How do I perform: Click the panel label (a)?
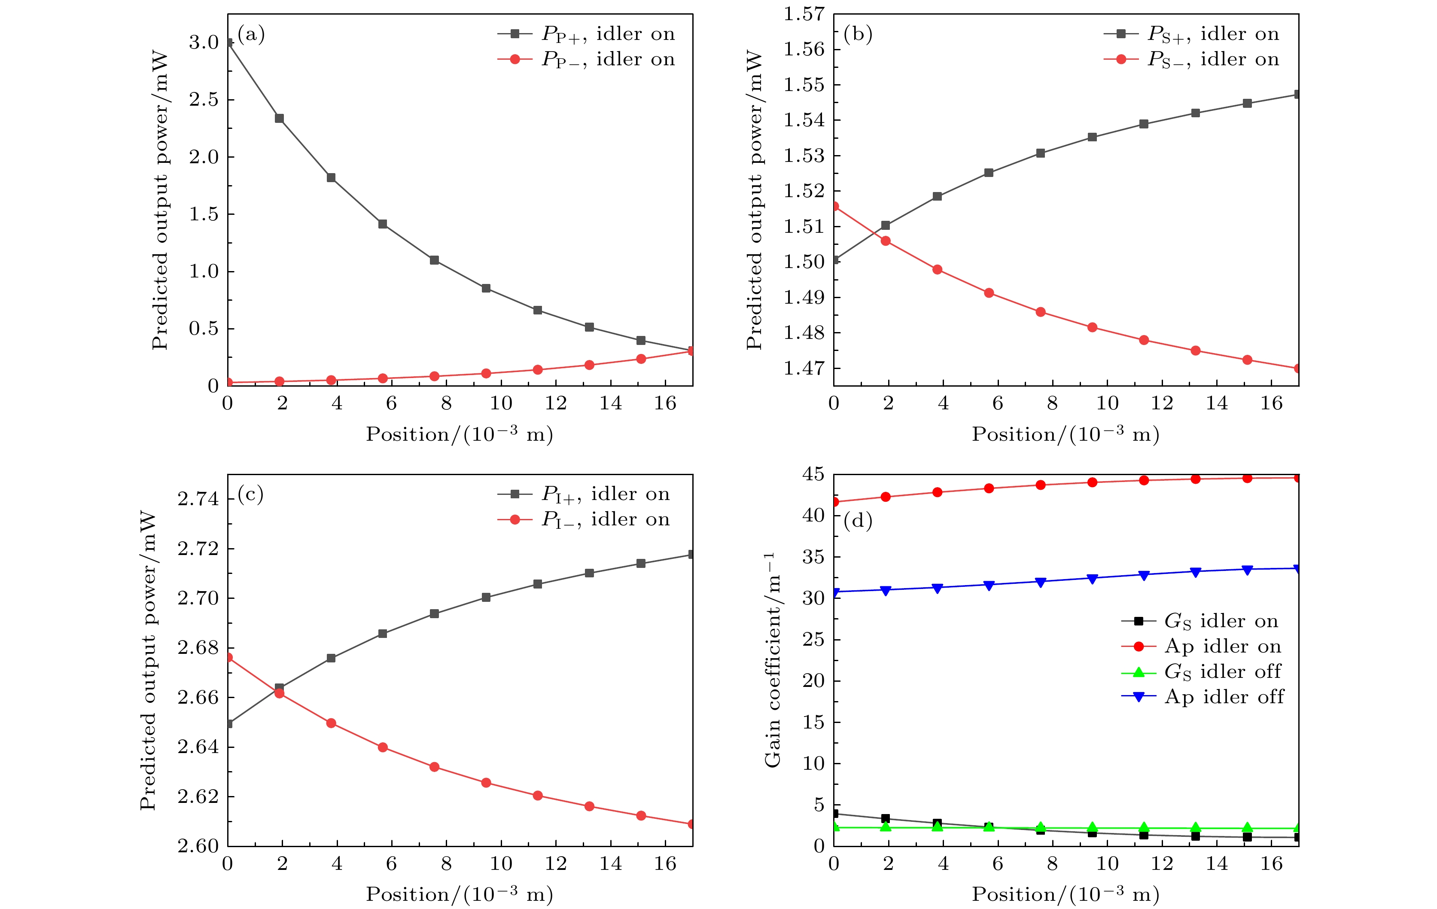(251, 35)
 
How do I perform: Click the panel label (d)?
(858, 521)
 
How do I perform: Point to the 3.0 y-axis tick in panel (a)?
(204, 43)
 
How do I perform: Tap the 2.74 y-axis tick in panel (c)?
(198, 499)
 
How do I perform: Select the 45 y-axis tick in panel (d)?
(813, 475)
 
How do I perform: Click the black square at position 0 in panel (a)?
(228, 43)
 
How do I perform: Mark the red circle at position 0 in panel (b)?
(834, 207)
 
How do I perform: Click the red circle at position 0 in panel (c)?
(228, 657)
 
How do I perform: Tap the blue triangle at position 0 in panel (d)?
(835, 592)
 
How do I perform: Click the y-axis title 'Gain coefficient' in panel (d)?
(772, 659)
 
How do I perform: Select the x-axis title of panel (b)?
(1065, 434)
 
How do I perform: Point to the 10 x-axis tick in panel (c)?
(501, 863)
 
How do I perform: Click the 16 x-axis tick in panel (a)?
(665, 403)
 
